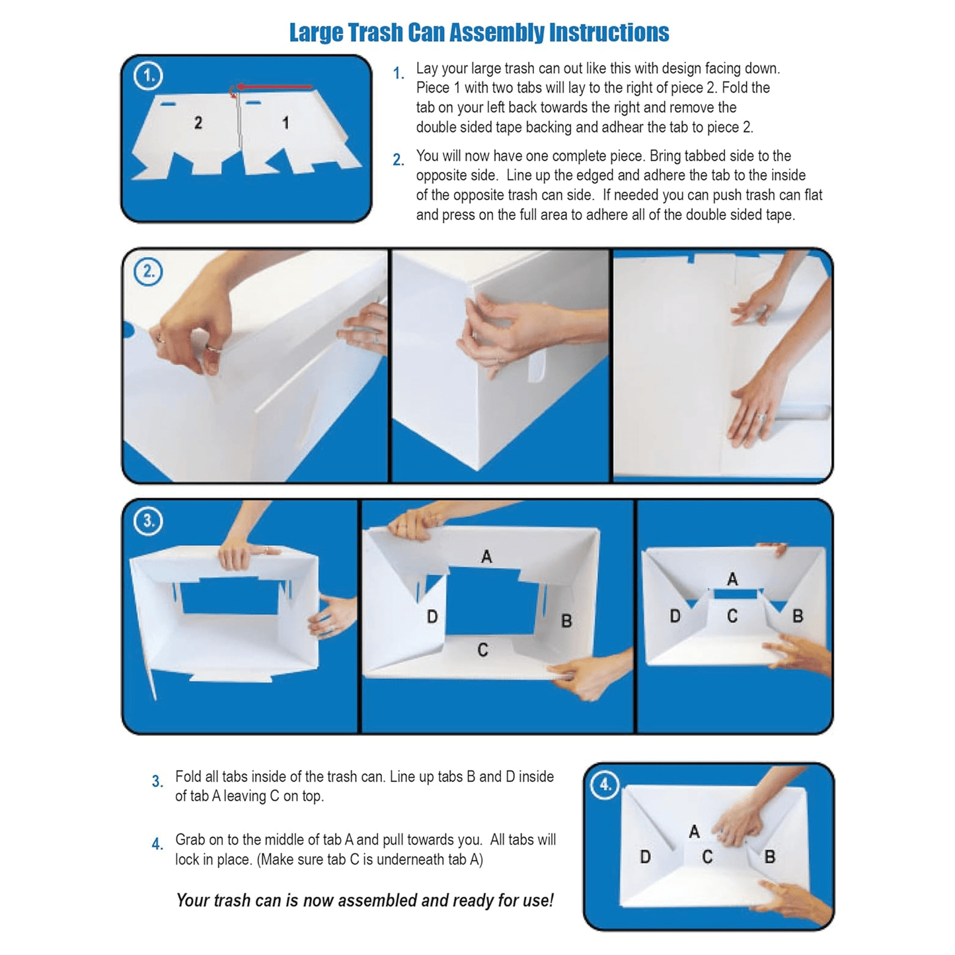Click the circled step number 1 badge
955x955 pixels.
[x=147, y=75]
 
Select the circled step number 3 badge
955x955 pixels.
[x=148, y=521]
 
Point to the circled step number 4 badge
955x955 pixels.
[x=605, y=784]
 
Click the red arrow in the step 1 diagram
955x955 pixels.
[x=274, y=87]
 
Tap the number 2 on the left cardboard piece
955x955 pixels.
[x=198, y=122]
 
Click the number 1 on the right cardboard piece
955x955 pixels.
[x=286, y=122]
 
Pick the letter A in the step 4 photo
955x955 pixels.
[x=695, y=831]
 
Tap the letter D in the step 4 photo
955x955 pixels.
[x=645, y=857]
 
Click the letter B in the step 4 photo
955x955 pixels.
[x=770, y=857]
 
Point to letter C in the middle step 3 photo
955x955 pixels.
[x=482, y=650]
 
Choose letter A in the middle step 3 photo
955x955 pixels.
[x=486, y=556]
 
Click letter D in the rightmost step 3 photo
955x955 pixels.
[x=675, y=616]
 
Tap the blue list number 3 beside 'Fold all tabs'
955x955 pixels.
[x=157, y=782]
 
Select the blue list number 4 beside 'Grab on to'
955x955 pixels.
[x=157, y=844]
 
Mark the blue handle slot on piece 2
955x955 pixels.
[x=167, y=104]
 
